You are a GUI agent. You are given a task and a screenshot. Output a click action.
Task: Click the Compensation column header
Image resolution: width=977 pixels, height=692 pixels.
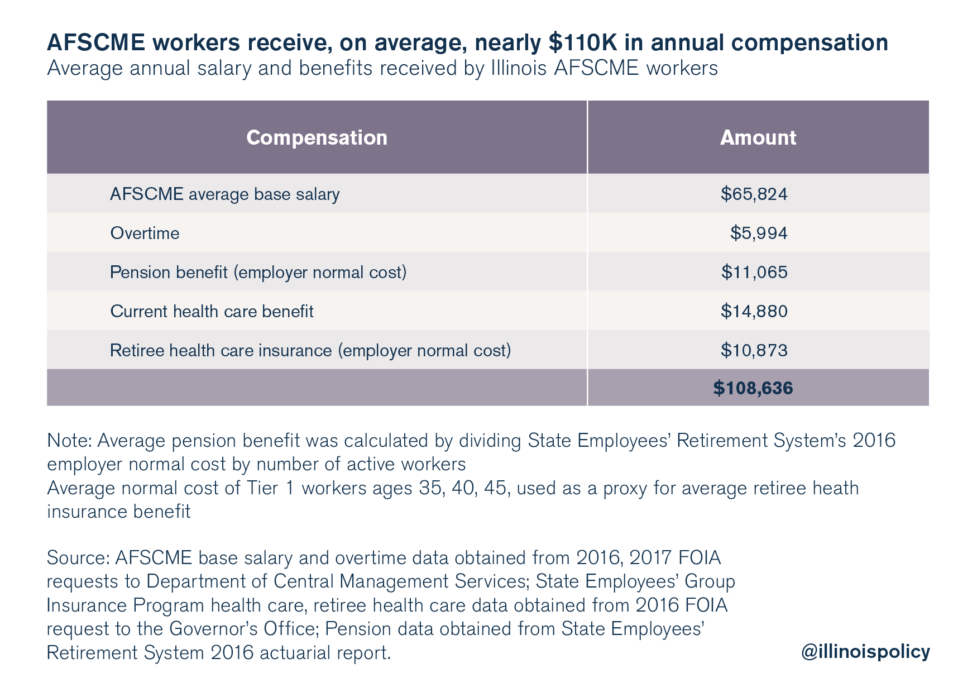pyautogui.click(x=317, y=138)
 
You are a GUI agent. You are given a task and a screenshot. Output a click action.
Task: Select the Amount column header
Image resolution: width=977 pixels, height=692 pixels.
pyautogui.click(x=758, y=137)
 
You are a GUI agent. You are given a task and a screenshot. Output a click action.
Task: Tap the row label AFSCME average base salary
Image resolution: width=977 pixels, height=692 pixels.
pyautogui.click(x=224, y=194)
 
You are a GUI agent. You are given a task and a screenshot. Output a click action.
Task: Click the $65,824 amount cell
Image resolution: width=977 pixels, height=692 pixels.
pyautogui.click(x=754, y=194)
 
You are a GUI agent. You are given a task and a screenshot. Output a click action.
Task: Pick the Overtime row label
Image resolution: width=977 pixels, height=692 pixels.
pyautogui.click(x=145, y=233)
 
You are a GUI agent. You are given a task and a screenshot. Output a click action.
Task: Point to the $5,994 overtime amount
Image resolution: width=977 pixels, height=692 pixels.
pyautogui.click(x=759, y=233)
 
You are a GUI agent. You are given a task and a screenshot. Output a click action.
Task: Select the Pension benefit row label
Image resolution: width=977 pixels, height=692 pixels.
pyautogui.click(x=258, y=272)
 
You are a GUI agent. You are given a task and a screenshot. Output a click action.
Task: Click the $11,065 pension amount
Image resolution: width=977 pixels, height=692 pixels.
pyautogui.click(x=754, y=272)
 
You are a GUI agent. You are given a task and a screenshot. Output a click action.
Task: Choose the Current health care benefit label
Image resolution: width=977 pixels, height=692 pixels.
pyautogui.click(x=212, y=311)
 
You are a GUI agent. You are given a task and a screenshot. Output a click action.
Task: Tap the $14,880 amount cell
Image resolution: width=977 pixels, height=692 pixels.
pyautogui.click(x=754, y=311)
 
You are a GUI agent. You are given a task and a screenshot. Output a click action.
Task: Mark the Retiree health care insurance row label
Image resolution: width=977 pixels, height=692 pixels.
pyautogui.click(x=310, y=350)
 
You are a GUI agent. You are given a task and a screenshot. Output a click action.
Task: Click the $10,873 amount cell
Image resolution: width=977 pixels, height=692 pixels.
pyautogui.click(x=754, y=350)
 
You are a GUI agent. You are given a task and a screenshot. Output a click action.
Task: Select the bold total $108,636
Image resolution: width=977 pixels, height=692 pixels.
pyautogui.click(x=753, y=388)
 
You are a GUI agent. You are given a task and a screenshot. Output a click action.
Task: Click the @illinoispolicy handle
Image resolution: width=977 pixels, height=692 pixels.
pyautogui.click(x=865, y=651)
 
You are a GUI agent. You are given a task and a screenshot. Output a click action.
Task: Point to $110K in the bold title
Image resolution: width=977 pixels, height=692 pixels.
pyautogui.click(x=583, y=42)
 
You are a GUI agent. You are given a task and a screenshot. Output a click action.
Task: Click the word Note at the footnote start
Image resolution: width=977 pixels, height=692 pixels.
pyautogui.click(x=70, y=440)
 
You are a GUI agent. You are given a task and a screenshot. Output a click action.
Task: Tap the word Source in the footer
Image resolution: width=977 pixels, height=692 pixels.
pyautogui.click(x=78, y=557)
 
